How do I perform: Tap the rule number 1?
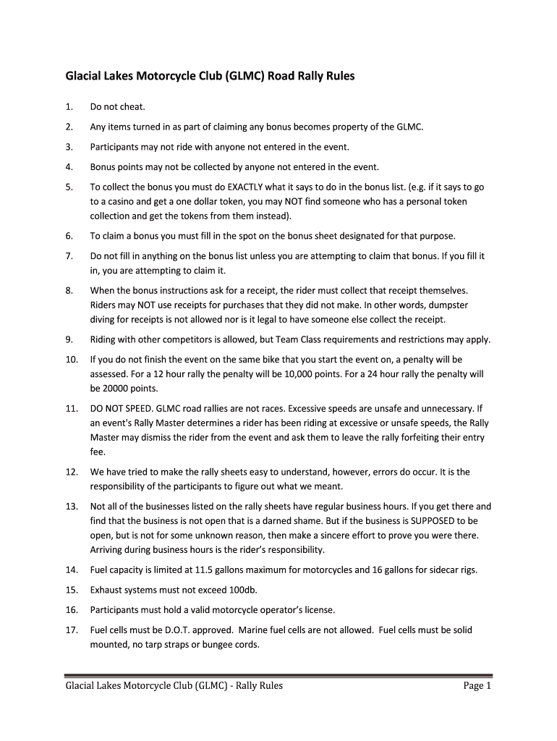tap(68, 107)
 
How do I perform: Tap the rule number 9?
tap(68, 339)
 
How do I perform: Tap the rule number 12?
tap(71, 472)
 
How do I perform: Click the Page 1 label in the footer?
tap(477, 686)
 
